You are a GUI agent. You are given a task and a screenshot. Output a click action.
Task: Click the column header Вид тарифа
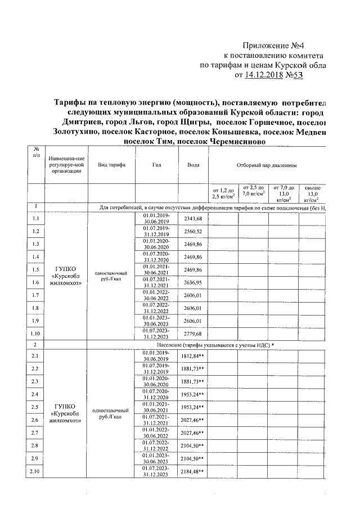coord(111,165)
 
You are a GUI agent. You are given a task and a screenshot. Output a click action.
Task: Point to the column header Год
coord(156,165)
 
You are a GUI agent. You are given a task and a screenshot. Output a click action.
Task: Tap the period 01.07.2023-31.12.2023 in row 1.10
coord(156,334)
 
